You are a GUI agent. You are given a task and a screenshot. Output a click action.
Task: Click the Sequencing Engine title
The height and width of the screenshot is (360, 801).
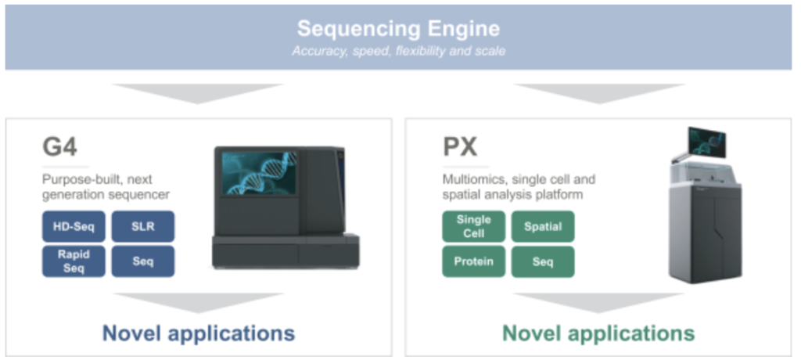pos(398,29)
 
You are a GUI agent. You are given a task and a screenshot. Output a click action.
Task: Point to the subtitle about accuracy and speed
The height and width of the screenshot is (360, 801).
pos(398,51)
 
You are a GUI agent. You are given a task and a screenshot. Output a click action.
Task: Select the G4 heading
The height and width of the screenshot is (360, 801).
pos(59,147)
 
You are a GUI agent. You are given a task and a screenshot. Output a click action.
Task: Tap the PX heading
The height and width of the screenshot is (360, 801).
pos(460,147)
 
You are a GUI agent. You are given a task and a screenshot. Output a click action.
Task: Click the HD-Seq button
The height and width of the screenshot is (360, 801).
pos(74,226)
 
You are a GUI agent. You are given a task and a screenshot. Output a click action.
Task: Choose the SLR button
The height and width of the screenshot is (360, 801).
pos(143,226)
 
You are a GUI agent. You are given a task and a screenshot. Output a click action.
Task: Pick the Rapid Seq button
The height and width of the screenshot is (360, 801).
pos(74,261)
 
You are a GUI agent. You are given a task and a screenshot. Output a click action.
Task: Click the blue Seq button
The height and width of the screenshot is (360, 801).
pos(143,261)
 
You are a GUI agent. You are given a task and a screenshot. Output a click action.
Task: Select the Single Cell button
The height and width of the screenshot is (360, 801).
pos(473,226)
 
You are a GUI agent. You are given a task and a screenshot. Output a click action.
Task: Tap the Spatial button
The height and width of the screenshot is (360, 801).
pos(543,226)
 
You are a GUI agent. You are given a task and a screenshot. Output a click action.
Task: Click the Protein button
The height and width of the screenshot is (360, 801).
pos(473,261)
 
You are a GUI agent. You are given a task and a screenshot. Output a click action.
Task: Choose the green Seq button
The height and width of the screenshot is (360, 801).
pos(543,261)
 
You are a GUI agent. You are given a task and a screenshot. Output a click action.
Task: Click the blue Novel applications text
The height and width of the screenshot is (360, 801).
pos(199,333)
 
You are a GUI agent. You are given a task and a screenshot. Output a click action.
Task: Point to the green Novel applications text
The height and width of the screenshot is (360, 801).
pos(598,333)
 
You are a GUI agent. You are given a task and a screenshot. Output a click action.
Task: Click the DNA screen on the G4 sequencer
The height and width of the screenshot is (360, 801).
pos(260,173)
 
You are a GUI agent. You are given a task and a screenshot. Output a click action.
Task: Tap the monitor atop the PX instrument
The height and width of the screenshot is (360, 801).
pos(706,142)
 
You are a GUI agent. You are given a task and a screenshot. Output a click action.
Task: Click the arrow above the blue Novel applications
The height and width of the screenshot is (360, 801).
pos(198,303)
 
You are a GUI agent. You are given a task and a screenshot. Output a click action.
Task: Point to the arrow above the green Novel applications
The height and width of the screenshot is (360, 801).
pos(598,303)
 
